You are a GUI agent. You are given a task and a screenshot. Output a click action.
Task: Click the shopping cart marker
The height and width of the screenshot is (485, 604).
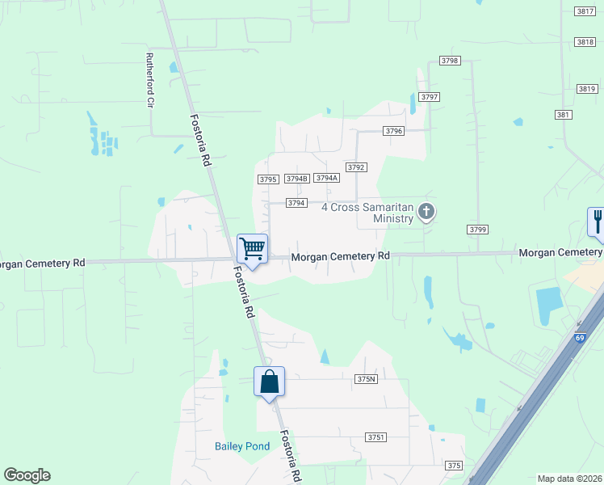(253, 249)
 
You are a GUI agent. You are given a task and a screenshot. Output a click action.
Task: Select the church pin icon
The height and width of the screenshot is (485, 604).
(426, 213)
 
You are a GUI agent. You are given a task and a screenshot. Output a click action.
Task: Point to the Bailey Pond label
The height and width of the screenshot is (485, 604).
(241, 446)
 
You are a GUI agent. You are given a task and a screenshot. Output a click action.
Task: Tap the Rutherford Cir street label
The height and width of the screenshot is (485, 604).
(149, 80)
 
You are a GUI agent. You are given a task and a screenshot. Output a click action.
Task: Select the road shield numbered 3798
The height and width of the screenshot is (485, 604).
(450, 61)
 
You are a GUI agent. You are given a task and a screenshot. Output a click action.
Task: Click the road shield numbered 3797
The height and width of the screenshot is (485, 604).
(430, 97)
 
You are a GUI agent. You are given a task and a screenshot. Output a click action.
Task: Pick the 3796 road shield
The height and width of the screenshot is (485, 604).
(393, 130)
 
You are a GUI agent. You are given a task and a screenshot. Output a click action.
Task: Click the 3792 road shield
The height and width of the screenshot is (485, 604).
(356, 167)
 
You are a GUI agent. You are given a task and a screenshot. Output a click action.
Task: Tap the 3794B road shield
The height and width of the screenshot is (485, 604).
(297, 179)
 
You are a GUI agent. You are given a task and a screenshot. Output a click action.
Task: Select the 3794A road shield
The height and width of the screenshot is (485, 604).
(326, 178)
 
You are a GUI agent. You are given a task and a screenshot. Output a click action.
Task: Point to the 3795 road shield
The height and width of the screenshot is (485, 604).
(268, 179)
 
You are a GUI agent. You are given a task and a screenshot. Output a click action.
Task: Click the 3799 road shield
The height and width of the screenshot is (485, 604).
(477, 230)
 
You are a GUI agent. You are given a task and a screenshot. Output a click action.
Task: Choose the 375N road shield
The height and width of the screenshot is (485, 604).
(366, 379)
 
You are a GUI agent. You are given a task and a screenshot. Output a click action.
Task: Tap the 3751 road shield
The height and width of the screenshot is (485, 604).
(375, 436)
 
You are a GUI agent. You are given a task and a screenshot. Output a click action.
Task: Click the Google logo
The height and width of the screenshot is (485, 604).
(27, 475)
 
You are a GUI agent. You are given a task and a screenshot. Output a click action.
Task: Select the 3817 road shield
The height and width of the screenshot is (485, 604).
(586, 11)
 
